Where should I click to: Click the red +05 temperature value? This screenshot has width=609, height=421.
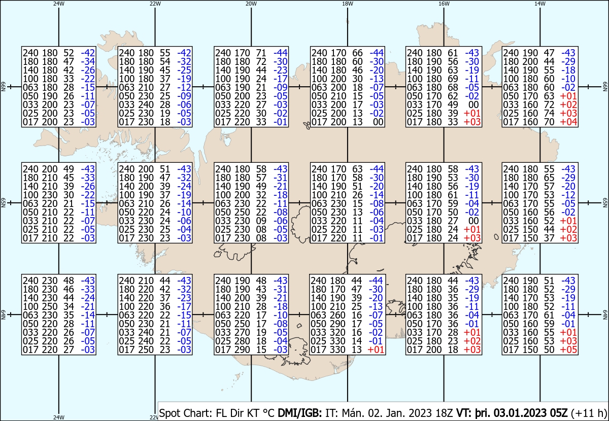[x=568, y=350]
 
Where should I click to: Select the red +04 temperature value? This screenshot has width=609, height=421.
[x=568, y=122]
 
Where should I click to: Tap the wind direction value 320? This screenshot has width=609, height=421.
[x=337, y=332]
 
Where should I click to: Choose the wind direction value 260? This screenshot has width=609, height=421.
[x=337, y=315]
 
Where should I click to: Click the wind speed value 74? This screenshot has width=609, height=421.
[x=549, y=113]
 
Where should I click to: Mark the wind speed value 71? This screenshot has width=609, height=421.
[x=261, y=53]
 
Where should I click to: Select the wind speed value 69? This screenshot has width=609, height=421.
[x=453, y=79]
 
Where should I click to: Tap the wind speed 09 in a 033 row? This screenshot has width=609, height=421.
[x=261, y=221]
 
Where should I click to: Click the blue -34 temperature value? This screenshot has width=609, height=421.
[x=88, y=61]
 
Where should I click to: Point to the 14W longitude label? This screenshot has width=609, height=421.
[x=540, y=4]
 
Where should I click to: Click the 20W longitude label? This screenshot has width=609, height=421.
[x=251, y=4]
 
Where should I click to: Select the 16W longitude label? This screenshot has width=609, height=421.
[x=444, y=4]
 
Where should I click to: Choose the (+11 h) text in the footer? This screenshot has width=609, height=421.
[x=589, y=413]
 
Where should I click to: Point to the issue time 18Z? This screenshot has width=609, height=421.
[x=444, y=413]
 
